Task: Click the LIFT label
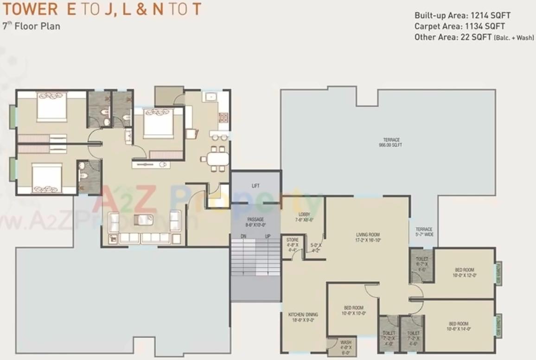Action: point(255,186)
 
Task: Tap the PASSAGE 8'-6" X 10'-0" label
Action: point(255,222)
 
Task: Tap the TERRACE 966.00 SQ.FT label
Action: point(391,142)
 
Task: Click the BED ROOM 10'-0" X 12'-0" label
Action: point(464,272)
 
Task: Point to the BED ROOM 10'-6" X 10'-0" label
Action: point(354,310)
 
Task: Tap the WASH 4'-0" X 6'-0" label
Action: point(345,347)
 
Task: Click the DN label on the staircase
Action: point(243,237)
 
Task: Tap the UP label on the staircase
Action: point(268,237)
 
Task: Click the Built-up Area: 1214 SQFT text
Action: point(462,15)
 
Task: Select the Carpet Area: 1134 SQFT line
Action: point(459,26)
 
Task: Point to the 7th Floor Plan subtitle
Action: point(31,26)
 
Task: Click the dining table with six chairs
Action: point(216,159)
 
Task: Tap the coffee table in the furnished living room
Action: point(142,220)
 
